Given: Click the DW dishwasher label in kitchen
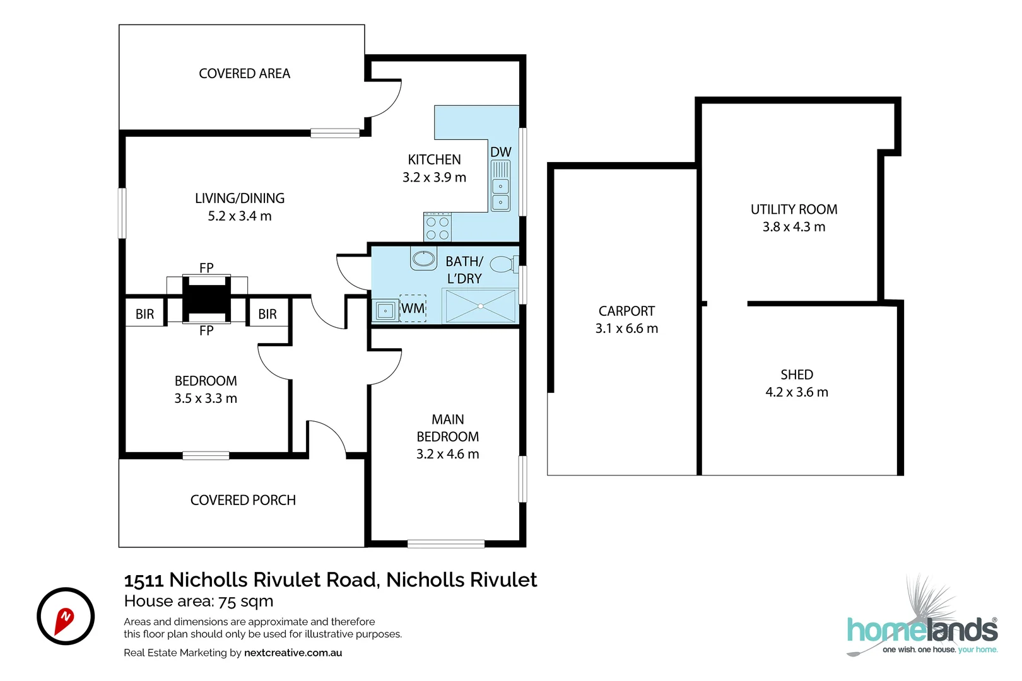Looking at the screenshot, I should [500, 152].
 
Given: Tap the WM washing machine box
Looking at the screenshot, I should [413, 308].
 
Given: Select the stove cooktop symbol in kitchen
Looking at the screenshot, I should [437, 228].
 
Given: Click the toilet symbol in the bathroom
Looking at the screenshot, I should [503, 264].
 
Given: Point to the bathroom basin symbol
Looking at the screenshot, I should [423, 258].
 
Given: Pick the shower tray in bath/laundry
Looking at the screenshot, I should [481, 306].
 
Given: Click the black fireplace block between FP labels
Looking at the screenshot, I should [206, 299].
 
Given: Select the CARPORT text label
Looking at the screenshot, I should [626, 311].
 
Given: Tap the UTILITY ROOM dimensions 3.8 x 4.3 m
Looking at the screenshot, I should [794, 227].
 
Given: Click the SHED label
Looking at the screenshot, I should [797, 375].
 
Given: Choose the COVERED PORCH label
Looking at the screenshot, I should [243, 500].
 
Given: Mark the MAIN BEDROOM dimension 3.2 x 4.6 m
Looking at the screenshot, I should [447, 454].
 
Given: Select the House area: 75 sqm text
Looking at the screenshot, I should [199, 601].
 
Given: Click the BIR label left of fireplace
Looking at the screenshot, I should [144, 314].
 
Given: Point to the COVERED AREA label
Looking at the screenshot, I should [244, 74].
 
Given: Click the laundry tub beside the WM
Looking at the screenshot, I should [385, 311].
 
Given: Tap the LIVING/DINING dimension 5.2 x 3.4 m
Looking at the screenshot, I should [240, 216].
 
